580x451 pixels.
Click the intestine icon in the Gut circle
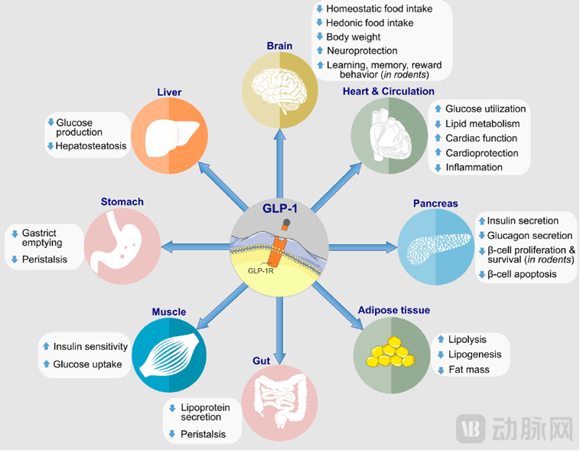point(279,404)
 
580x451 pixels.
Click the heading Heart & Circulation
point(388,91)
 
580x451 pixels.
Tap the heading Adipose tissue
point(393,310)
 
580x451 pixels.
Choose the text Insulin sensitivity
point(88,347)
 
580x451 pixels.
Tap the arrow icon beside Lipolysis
point(442,339)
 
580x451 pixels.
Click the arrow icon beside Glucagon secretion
point(481,236)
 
